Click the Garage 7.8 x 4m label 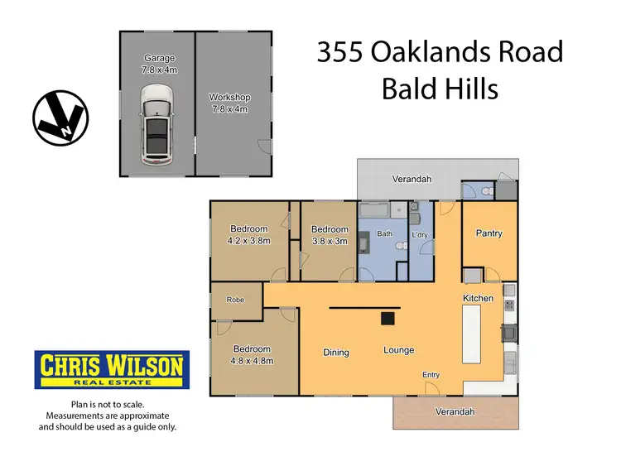pyautogui.click(x=160, y=64)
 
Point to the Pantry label pyautogui.click(x=489, y=233)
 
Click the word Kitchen pyautogui.click(x=478, y=298)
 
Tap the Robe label pyautogui.click(x=235, y=303)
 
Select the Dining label pyautogui.click(x=336, y=353)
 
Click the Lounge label pyautogui.click(x=398, y=350)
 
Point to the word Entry pyautogui.click(x=431, y=375)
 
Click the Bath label pyautogui.click(x=385, y=234)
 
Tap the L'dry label pyautogui.click(x=420, y=236)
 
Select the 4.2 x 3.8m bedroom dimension pyautogui.click(x=248, y=241)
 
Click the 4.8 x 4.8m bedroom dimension pyautogui.click(x=252, y=361)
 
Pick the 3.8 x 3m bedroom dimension pyautogui.click(x=329, y=241)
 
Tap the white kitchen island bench pyautogui.click(x=472, y=333)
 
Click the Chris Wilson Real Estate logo pyautogui.click(x=111, y=369)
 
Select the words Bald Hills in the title pyautogui.click(x=440, y=89)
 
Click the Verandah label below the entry pyautogui.click(x=457, y=411)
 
